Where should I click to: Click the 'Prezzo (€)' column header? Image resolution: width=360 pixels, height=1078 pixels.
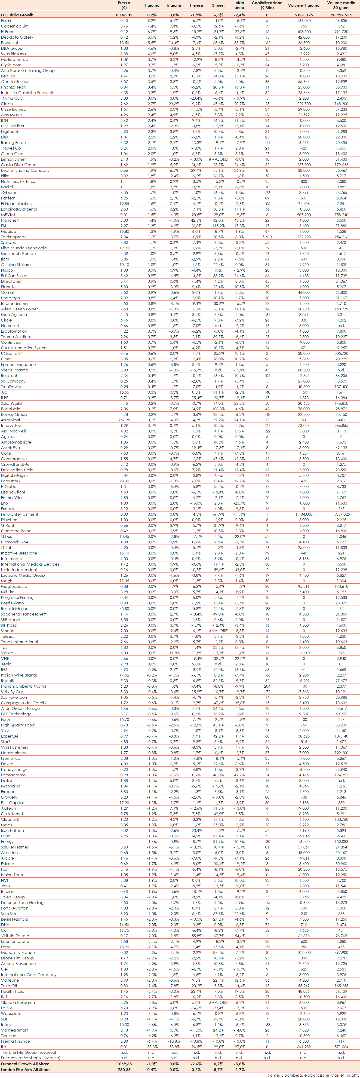[x=124, y=5]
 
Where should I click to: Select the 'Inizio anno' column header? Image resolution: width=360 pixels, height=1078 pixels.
[x=239, y=5]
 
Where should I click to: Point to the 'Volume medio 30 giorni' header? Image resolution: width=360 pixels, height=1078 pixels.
[x=341, y=5]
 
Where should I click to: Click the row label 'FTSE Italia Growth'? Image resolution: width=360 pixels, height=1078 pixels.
[x=17, y=15]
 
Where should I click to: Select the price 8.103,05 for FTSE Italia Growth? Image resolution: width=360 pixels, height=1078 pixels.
[x=124, y=15]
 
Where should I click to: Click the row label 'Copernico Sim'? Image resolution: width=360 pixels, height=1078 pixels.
[x=15, y=26]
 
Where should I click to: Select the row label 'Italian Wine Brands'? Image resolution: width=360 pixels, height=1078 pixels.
[x=19, y=675]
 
